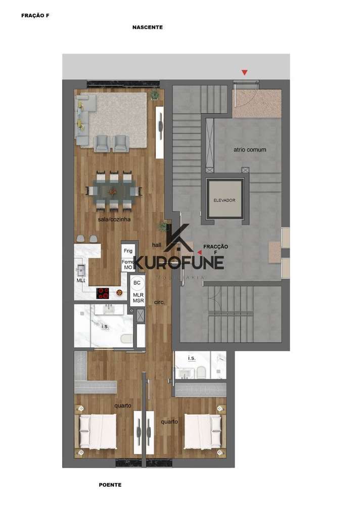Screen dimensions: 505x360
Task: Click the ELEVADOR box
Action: click(225, 200)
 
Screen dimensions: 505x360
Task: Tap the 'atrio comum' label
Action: click(250, 150)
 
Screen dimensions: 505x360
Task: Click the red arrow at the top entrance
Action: click(245, 73)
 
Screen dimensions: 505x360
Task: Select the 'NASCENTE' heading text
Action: click(147, 27)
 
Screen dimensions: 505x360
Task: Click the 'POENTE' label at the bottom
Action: click(110, 485)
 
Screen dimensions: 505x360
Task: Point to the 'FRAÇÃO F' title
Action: click(35, 16)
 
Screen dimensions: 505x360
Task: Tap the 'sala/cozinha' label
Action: click(114, 219)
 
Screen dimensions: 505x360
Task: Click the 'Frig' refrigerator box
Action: click(127, 250)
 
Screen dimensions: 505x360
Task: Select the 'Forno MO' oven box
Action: click(127, 264)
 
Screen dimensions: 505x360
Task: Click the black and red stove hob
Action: click(103, 292)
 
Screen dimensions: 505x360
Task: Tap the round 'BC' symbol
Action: click(137, 283)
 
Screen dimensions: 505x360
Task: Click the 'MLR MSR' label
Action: click(139, 297)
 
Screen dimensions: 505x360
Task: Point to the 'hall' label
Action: click(157, 245)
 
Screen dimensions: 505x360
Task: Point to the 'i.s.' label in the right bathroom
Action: click(192, 358)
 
